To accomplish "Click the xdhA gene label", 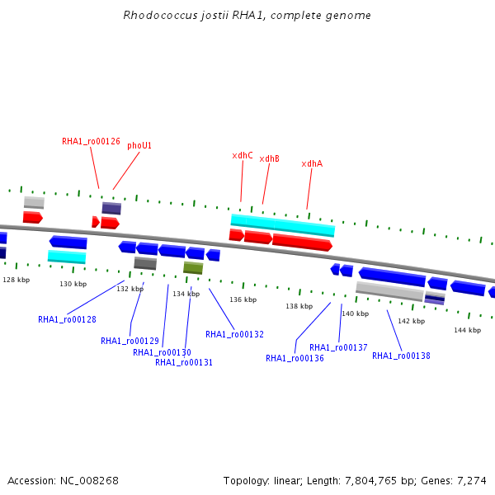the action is (x=312, y=163).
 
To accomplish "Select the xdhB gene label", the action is (x=269, y=158).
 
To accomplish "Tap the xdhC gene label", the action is (x=243, y=155).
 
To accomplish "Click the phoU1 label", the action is (x=139, y=145).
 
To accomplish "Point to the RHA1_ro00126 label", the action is (x=91, y=141).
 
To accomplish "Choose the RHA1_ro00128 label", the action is (x=67, y=319).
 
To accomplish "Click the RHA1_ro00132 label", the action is (x=234, y=334).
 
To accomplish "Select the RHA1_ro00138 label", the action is (x=401, y=356).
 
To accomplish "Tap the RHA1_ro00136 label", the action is (x=295, y=358).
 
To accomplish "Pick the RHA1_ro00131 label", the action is (x=184, y=362).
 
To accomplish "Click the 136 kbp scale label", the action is (x=243, y=299).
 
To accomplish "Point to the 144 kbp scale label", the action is (x=468, y=330).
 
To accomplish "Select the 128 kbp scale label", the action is (x=16, y=280).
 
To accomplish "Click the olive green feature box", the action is (x=193, y=268).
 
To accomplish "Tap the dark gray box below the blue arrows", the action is (x=145, y=263).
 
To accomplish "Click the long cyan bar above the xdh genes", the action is (x=283, y=225).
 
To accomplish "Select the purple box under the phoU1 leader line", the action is (x=111, y=209).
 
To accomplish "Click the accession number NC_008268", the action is (x=89, y=481).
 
